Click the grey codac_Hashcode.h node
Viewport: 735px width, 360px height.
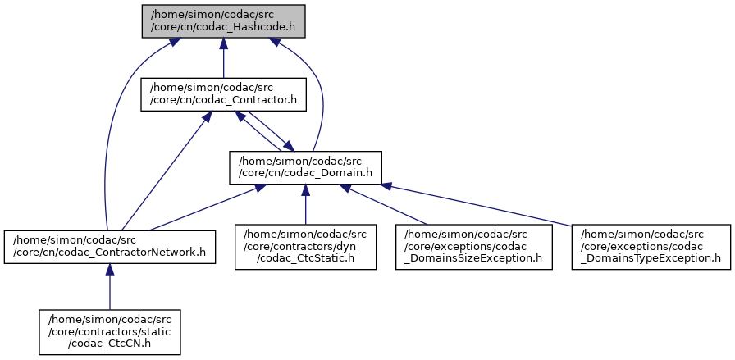[x=223, y=21]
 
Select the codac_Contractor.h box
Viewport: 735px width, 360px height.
[x=223, y=93]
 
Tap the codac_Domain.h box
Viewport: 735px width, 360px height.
[x=305, y=167]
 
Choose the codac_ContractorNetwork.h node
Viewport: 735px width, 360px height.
[x=109, y=246]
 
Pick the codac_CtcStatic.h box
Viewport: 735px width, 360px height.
[x=305, y=246]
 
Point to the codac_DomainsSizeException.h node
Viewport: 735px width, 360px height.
[x=473, y=246]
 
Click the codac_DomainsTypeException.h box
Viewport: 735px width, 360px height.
[x=650, y=246]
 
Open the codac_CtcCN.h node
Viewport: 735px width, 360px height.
[x=109, y=331]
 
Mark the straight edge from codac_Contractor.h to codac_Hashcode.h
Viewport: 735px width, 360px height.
[x=223, y=59]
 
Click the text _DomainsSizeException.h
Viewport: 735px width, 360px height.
[x=473, y=258]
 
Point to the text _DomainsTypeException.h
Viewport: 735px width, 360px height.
[x=650, y=258]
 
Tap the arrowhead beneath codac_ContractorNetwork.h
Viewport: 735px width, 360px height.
[x=109, y=271]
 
